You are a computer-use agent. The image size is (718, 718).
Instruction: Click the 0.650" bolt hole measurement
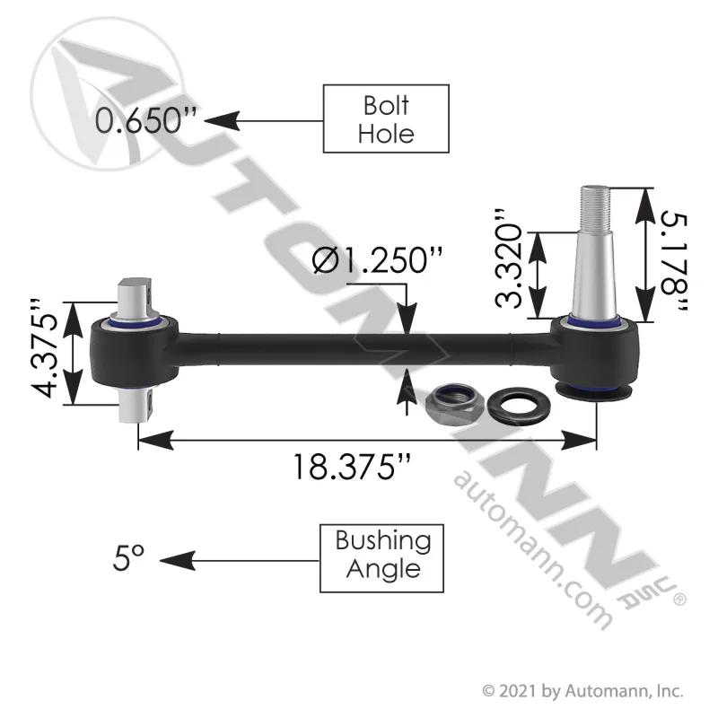pos(146,121)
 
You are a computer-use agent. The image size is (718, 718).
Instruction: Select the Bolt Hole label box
pos(386,118)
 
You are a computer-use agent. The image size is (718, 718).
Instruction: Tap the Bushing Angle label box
pos(382,558)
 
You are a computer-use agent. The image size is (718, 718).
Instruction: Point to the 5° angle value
pos(128,557)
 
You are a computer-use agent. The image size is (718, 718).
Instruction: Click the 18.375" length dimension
pos(351,467)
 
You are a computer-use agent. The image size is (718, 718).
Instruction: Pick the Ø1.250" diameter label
pos(377,260)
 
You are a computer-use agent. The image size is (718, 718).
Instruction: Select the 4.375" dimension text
pos(45,348)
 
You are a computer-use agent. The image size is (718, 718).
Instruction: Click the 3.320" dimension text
pos(509,258)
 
